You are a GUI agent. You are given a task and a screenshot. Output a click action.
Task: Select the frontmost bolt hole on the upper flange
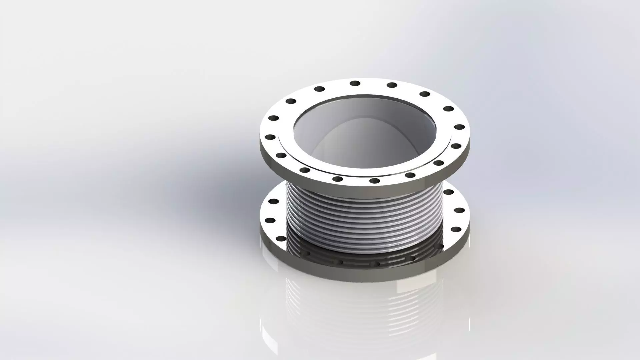coord(375,181)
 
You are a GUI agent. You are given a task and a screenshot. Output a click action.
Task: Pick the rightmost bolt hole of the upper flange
coord(459,127)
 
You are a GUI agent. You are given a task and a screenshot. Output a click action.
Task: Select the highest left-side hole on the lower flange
coord(273,201)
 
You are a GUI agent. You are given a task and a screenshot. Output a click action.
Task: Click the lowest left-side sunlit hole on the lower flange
coord(281,239)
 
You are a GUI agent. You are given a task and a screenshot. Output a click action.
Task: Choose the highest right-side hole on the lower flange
coord(449,192)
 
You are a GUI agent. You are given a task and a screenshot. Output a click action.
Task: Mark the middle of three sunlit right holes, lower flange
coord(459,210)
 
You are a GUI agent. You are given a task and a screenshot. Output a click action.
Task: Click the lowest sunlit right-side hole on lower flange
coord(455,229)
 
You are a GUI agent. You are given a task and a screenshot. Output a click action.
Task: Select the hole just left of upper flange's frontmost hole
coord(338,179)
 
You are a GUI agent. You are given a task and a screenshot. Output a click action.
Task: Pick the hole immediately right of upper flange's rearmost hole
coord(392,85)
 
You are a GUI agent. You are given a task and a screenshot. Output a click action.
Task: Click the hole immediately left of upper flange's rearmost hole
coord(319,89)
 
